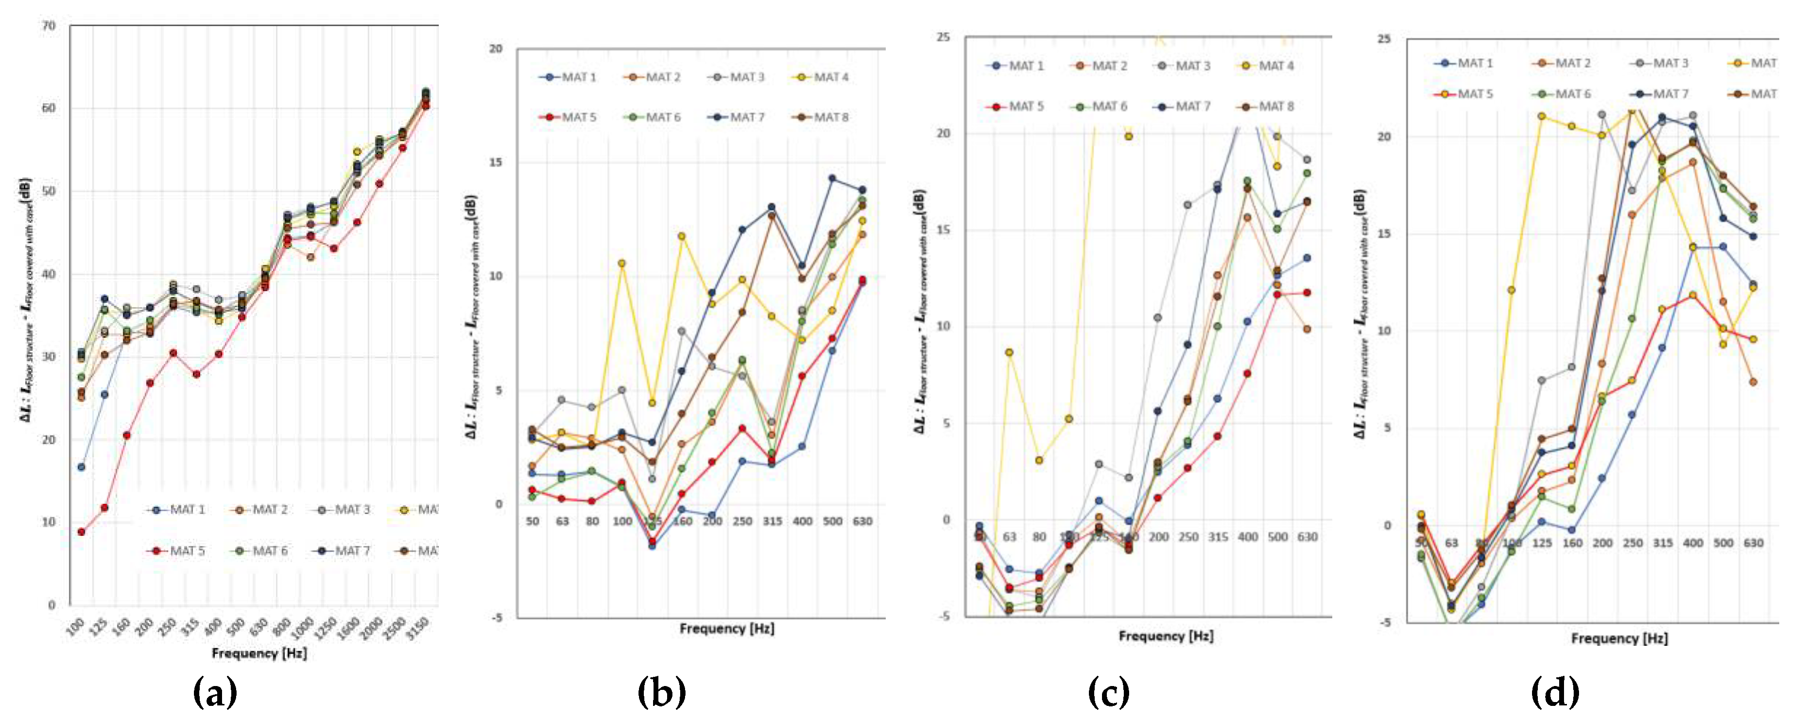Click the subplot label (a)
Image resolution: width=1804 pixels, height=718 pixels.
coord(215,693)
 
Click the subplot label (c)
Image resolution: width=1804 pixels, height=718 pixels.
coord(1109,693)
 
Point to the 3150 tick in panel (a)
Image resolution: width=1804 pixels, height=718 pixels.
coord(417,627)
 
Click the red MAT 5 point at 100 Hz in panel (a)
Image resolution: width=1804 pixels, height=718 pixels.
coord(81,532)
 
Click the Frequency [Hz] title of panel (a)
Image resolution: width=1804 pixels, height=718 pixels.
coord(259,653)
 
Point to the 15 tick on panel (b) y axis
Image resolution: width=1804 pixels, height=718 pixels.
coord(496,162)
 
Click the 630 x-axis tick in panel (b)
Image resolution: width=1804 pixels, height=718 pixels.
coord(862,521)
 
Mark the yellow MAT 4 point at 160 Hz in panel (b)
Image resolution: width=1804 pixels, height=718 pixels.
coord(681,236)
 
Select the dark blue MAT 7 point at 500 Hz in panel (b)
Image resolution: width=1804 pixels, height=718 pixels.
coord(832,178)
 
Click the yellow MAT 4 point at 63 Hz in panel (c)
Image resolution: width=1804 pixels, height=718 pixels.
coord(1009,353)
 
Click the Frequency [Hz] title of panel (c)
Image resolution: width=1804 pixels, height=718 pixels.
coord(1165,636)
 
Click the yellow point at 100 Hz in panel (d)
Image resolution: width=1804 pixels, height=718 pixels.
coord(1511,290)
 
